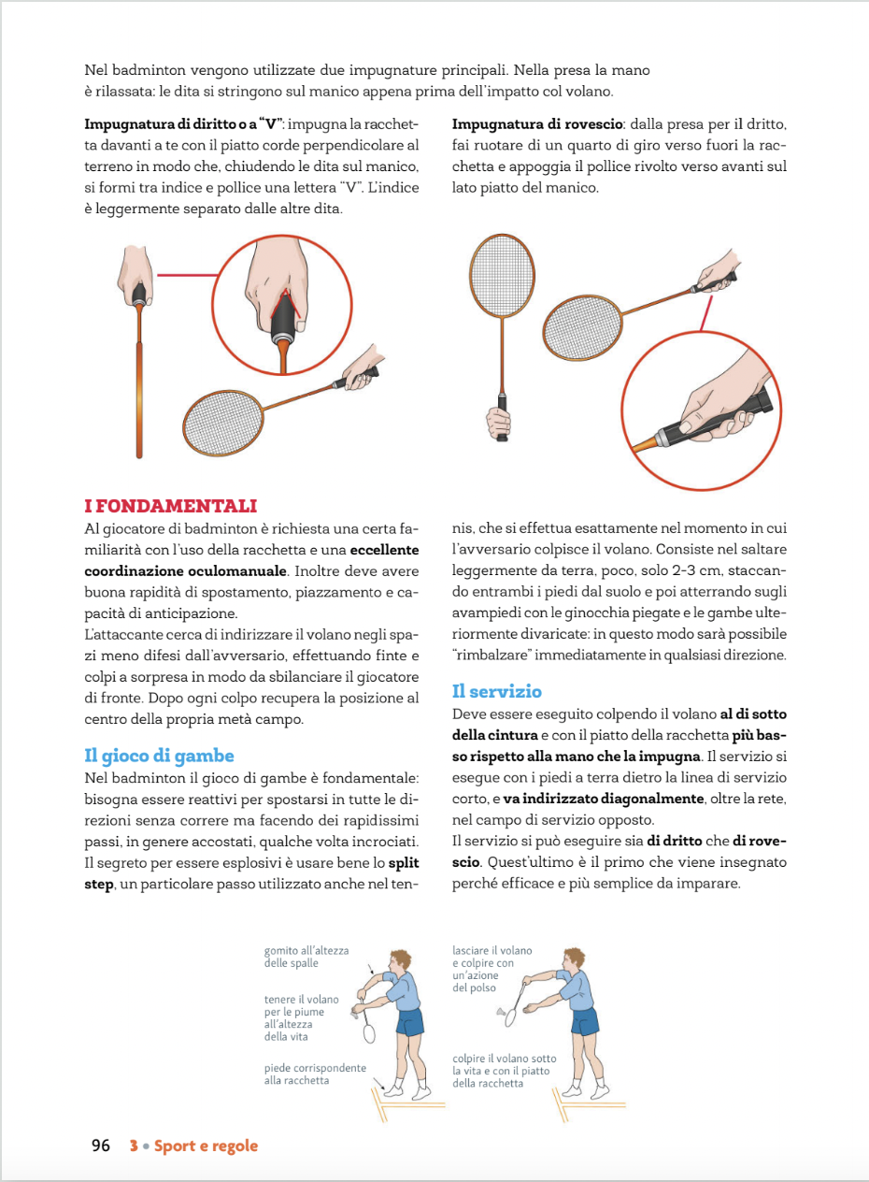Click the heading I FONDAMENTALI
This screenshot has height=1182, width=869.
pyautogui.click(x=170, y=506)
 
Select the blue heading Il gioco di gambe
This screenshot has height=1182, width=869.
pyautogui.click(x=159, y=756)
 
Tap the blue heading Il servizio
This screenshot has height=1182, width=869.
pyautogui.click(x=496, y=691)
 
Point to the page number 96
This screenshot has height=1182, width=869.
pyautogui.click(x=101, y=1146)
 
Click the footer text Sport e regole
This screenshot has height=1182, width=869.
pyautogui.click(x=206, y=1146)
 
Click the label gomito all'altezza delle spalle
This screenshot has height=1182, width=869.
pyautogui.click(x=306, y=957)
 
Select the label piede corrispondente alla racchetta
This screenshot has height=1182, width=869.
pyautogui.click(x=315, y=1074)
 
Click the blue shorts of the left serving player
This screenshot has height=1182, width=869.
pyautogui.click(x=409, y=1021)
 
